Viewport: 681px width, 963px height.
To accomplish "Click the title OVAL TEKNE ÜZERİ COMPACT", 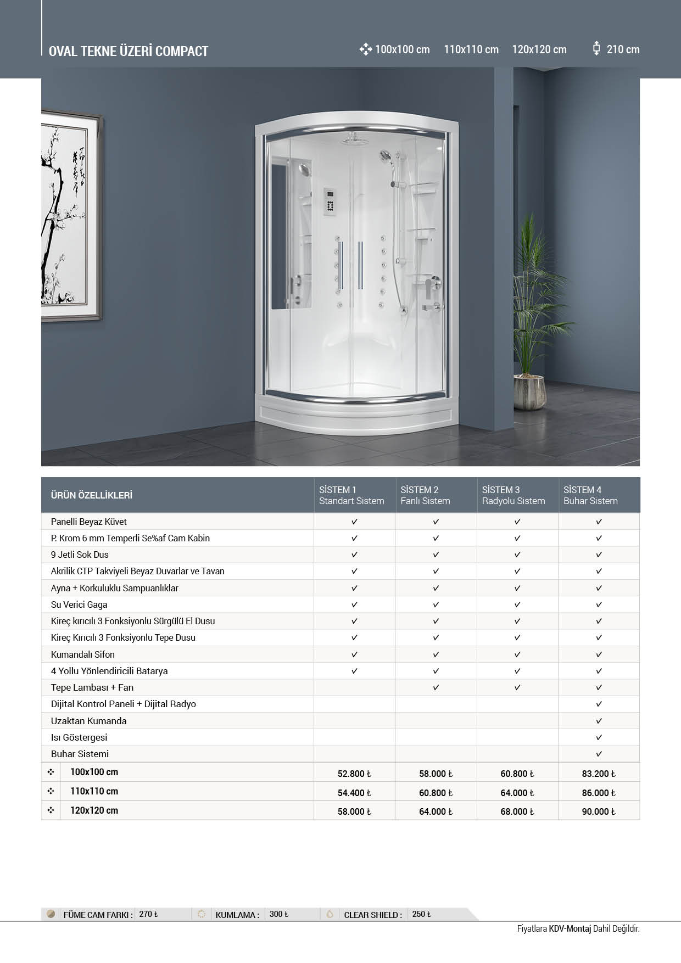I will point(129,51).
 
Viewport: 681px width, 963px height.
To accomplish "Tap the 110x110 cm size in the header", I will point(471,49).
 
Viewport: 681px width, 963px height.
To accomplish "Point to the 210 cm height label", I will point(623,49).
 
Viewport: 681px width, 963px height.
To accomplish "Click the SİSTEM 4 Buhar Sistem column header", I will point(590,495).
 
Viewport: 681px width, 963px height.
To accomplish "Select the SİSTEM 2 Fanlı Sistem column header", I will point(425,495).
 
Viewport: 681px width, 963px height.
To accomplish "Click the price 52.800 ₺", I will point(354,774).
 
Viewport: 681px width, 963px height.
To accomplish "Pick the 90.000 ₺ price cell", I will point(599,811).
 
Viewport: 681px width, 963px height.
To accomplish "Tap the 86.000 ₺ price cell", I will point(599,793).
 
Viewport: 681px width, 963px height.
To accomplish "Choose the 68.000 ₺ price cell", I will point(517,811).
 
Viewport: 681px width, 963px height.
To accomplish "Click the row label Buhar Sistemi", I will point(80,754).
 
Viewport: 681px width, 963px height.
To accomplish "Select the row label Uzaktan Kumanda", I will point(88,721).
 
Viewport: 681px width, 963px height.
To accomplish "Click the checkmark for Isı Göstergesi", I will point(599,737).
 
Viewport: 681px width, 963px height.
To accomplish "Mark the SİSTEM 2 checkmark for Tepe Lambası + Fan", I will point(436,687).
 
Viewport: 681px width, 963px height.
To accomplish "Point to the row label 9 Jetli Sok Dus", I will point(80,555).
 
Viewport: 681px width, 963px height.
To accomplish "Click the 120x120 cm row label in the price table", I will point(94,810).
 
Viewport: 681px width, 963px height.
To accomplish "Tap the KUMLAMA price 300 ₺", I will point(276,914).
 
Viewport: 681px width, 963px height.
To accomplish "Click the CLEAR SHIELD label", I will point(372,915).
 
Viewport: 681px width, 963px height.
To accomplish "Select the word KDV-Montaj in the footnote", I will point(570,929).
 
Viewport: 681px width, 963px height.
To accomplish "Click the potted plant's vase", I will point(529,391).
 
